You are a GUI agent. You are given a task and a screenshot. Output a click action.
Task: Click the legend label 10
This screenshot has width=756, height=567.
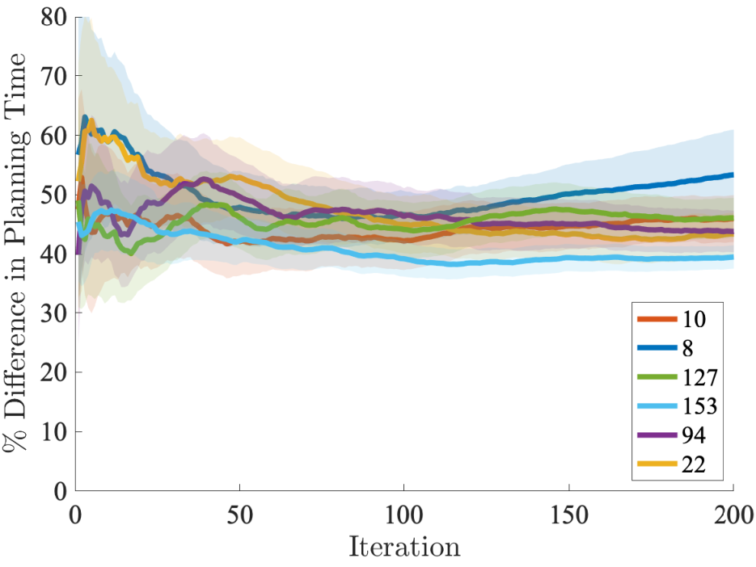(694, 319)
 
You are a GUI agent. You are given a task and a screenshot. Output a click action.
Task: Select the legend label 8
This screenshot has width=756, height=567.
(688, 348)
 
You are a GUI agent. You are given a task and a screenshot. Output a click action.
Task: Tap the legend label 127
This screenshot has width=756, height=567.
(700, 377)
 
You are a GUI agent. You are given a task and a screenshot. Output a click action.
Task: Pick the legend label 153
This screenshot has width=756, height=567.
(700, 406)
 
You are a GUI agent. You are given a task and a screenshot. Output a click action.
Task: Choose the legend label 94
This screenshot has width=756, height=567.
(694, 435)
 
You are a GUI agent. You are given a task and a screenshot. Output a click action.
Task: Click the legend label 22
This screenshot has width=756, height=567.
(694, 464)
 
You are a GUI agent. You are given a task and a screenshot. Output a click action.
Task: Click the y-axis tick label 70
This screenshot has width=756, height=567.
(54, 76)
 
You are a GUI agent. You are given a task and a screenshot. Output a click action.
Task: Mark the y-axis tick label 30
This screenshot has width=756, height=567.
(54, 313)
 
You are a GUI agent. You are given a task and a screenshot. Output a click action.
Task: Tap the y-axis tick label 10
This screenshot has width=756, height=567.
(54, 431)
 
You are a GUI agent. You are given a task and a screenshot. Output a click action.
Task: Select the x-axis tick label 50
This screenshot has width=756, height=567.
(239, 515)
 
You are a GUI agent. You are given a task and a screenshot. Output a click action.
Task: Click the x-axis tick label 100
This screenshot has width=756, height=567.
(404, 515)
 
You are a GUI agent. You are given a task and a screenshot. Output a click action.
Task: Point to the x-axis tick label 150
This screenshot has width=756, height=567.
(569, 515)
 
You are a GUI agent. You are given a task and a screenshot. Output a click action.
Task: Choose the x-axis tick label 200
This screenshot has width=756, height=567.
(733, 515)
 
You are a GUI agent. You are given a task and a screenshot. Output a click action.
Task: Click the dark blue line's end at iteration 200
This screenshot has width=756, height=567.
(733, 175)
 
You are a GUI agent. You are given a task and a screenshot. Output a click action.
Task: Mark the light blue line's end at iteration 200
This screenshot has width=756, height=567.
(733, 257)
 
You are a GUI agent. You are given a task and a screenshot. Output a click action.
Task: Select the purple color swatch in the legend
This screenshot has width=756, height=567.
(657, 435)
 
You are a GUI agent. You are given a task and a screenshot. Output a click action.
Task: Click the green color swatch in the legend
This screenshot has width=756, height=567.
(657, 377)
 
